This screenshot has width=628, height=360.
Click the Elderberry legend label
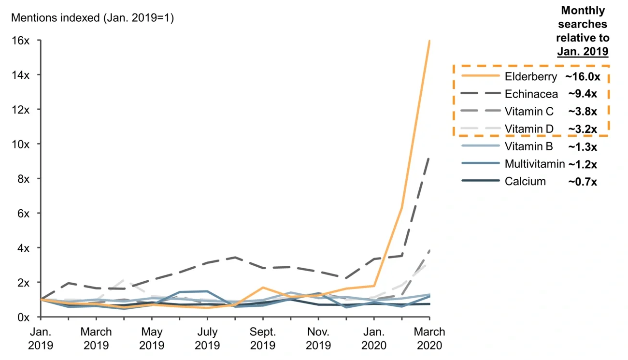[x=531, y=76]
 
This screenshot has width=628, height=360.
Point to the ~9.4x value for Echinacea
[x=582, y=94]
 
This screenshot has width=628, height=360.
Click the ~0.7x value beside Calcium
[x=582, y=182]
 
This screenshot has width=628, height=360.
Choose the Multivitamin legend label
[x=534, y=164]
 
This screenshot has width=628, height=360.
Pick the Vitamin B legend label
[x=528, y=146]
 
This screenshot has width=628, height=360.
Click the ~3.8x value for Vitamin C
[x=582, y=112]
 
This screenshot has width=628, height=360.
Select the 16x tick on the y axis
[x=20, y=41]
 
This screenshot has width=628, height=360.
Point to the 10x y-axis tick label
[x=20, y=144]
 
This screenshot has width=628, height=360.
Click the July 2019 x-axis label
[x=207, y=339]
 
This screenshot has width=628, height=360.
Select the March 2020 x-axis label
[x=430, y=339]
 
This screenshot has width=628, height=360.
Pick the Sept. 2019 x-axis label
[x=263, y=339]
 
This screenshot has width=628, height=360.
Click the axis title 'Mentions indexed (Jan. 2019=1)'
[x=92, y=18]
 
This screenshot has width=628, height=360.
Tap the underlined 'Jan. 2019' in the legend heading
[x=583, y=51]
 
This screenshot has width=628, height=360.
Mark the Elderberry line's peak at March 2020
[x=429, y=41]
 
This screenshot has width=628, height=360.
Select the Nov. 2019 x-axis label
[x=318, y=339]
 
